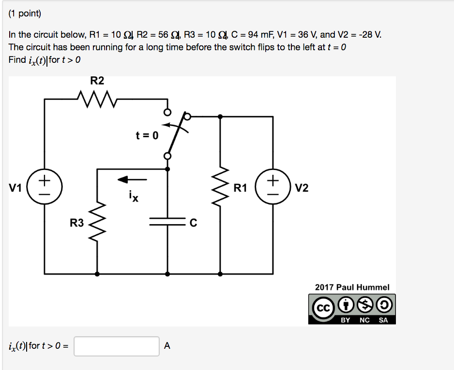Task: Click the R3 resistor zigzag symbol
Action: click(x=98, y=223)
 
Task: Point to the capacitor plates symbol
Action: click(x=167, y=222)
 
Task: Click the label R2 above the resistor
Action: click(x=97, y=81)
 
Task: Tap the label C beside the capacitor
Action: click(x=193, y=223)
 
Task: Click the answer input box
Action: click(x=117, y=346)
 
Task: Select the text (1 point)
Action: click(x=25, y=14)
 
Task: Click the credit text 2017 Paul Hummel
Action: click(x=352, y=287)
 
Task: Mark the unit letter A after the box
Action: click(x=167, y=346)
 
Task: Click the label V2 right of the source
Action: click(x=301, y=188)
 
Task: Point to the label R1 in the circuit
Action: click(x=240, y=188)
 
